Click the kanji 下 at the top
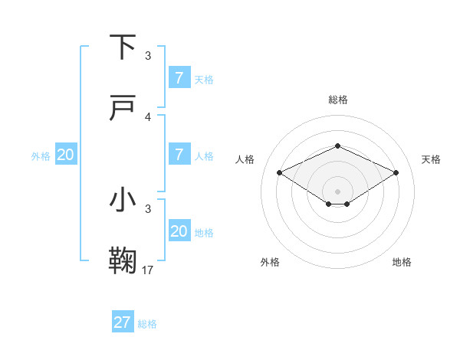124,47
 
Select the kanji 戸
124,109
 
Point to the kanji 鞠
124,260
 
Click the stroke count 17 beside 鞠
148,270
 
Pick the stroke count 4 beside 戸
148,117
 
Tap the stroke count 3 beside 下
148,56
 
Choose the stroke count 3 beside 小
148,208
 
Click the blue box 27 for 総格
123,322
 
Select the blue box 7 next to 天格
179,77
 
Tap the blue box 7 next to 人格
179,154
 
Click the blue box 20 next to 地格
179,231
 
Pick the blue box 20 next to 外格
66,154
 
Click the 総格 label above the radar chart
338,100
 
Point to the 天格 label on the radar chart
431,159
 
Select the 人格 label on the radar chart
245,159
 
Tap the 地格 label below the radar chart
402,262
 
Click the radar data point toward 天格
396,173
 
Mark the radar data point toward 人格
280,173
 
